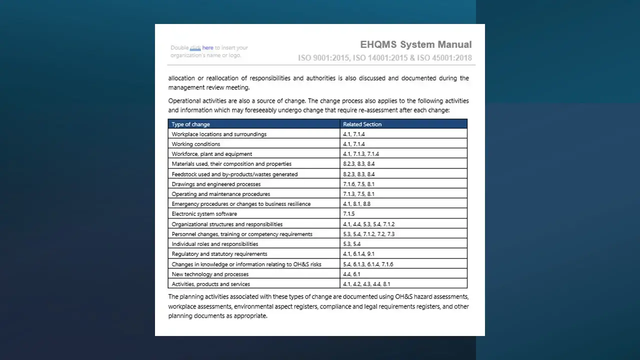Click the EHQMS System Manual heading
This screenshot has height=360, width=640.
415,44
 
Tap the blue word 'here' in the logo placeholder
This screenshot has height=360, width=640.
207,48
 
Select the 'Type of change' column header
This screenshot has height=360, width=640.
190,124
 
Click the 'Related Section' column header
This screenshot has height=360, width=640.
362,124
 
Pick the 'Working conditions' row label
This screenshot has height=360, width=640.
195,144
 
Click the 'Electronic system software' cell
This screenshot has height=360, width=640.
204,214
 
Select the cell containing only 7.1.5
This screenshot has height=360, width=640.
348,214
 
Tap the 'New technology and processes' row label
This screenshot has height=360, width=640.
210,274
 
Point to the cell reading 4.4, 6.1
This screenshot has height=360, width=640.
351,274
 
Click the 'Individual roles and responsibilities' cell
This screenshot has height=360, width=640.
214,244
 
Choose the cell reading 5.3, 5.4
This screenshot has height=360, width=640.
351,244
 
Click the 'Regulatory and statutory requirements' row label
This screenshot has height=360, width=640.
219,254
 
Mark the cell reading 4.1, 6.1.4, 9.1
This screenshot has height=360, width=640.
358,254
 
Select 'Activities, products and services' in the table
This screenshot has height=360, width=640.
210,284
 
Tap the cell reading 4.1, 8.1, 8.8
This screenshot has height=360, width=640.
356,204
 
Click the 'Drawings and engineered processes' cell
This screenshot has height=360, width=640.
216,184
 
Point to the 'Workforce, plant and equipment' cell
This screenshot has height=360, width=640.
211,154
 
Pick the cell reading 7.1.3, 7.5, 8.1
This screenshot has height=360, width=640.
358,194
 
